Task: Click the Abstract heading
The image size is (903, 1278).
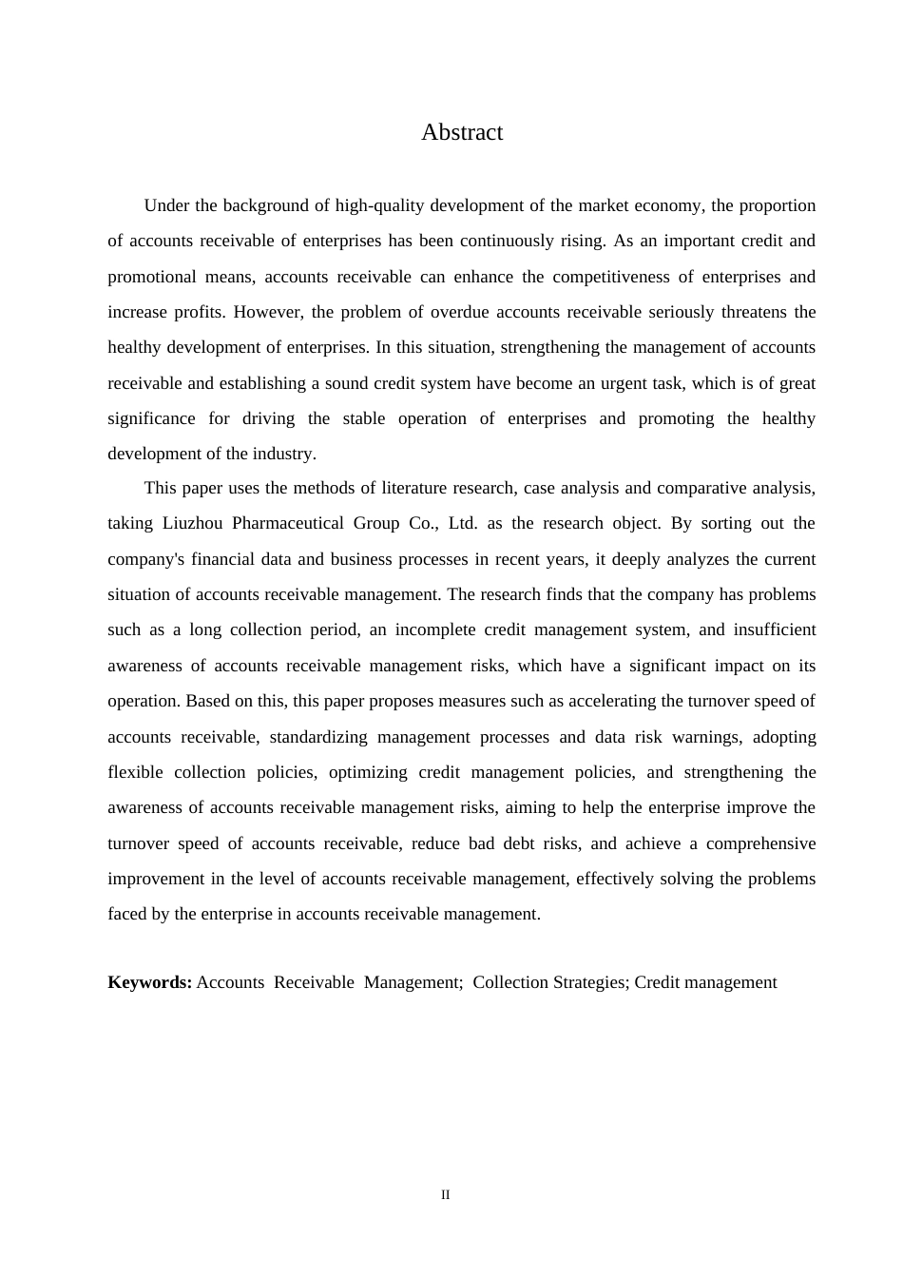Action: pos(462,133)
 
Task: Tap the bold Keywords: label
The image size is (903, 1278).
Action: pos(150,982)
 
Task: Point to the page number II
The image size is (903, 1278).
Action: pos(445,1195)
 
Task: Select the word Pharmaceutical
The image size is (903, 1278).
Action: pos(287,524)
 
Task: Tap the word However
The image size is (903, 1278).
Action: pos(267,313)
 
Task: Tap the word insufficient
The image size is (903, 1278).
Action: pos(774,630)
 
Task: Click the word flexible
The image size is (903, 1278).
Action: pos(135,773)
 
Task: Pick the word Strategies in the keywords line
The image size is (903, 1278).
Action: pos(588,982)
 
